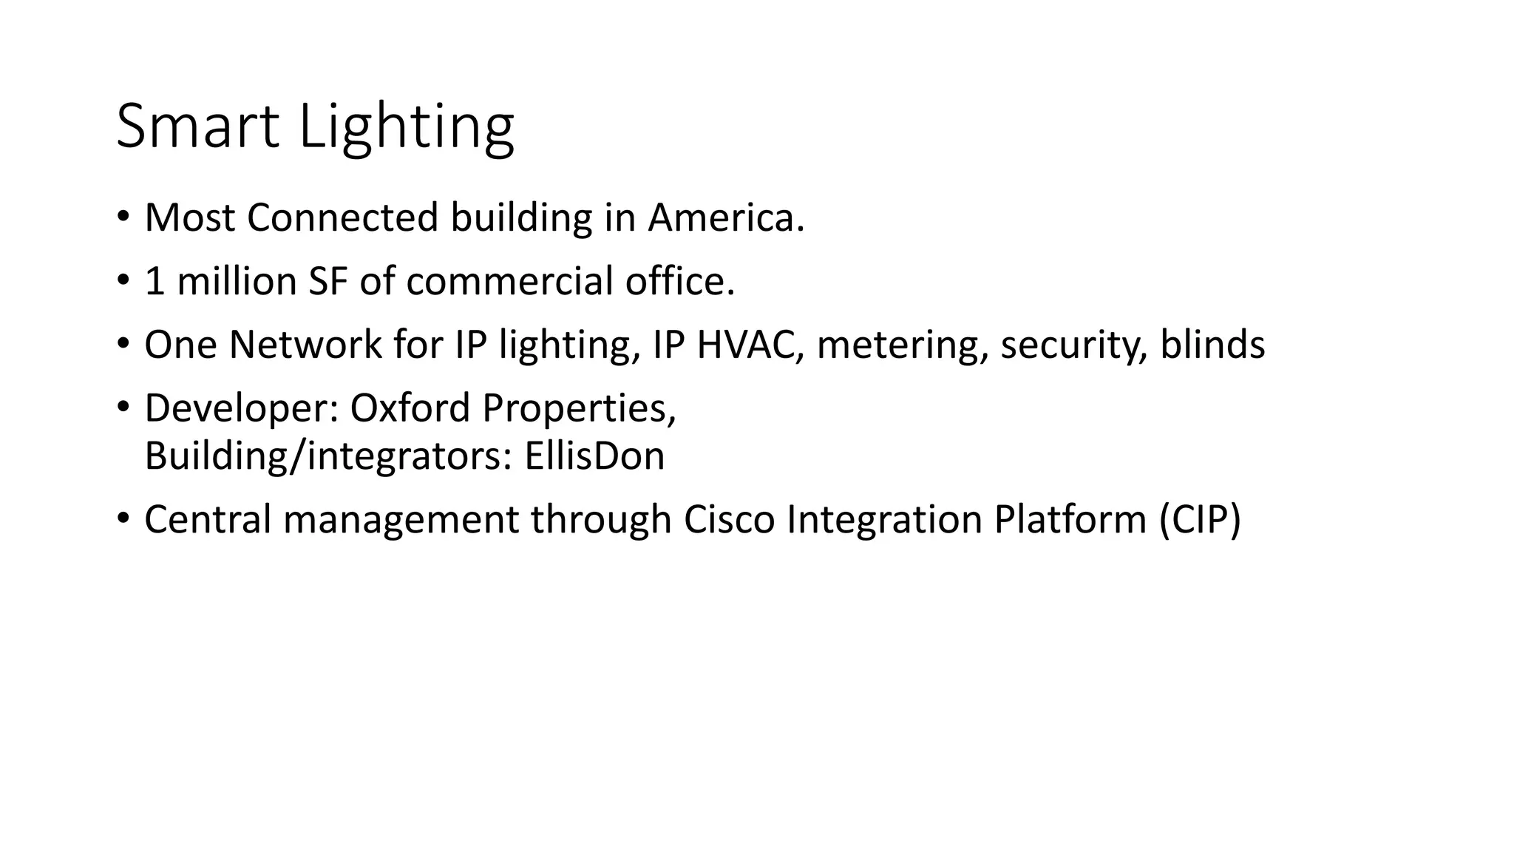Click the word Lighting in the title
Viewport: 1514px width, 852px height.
click(x=406, y=127)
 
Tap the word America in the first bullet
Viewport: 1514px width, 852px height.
click(x=725, y=217)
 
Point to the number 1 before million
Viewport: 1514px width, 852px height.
click(x=155, y=281)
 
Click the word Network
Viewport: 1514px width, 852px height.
click(x=305, y=345)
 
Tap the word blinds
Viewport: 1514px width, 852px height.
click(x=1212, y=345)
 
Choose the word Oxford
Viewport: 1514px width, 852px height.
click(x=410, y=408)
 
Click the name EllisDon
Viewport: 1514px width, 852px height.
click(x=594, y=456)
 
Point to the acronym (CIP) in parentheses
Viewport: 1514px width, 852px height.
click(x=1200, y=519)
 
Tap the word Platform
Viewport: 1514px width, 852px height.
click(x=1070, y=519)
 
